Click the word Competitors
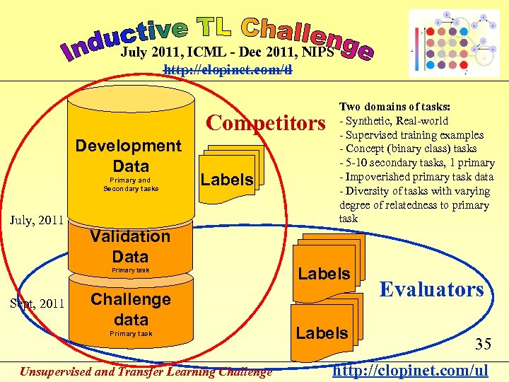265,123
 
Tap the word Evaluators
431,289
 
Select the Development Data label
128,156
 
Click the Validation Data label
129,246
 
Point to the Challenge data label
131,308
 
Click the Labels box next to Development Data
226,180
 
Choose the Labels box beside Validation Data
324,273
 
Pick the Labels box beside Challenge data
322,332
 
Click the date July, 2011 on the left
37,220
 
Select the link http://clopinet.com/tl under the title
228,69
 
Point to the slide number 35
484,345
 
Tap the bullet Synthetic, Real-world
396,121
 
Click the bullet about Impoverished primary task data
417,177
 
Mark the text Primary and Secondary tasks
131,184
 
